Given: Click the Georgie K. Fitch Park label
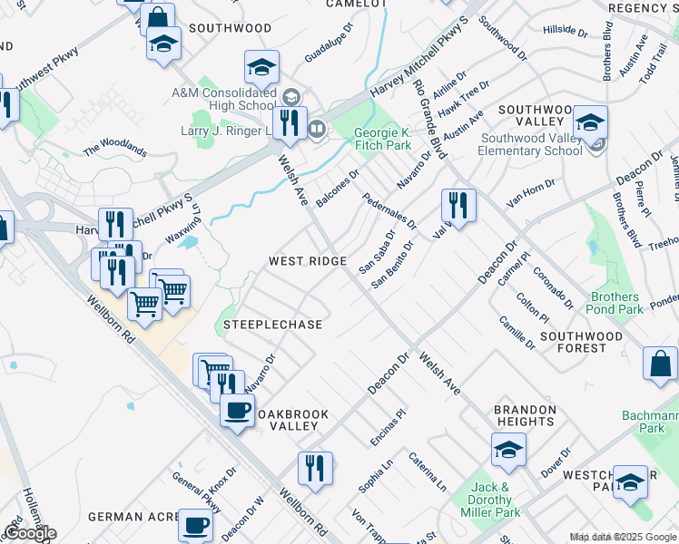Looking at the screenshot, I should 382,138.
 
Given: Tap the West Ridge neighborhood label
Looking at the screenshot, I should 308,261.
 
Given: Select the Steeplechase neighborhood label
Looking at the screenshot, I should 273,325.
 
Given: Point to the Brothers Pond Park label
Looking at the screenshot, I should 616,303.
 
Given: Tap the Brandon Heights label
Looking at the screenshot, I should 525,415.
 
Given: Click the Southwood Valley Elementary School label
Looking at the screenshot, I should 531,144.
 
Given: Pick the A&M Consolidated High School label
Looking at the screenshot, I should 223,99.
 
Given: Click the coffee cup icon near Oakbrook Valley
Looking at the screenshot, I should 238,411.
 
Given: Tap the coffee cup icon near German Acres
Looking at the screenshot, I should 195,525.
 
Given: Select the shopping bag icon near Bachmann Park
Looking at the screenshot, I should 660,363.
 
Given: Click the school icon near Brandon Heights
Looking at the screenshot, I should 508,448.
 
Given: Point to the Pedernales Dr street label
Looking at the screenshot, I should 389,210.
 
